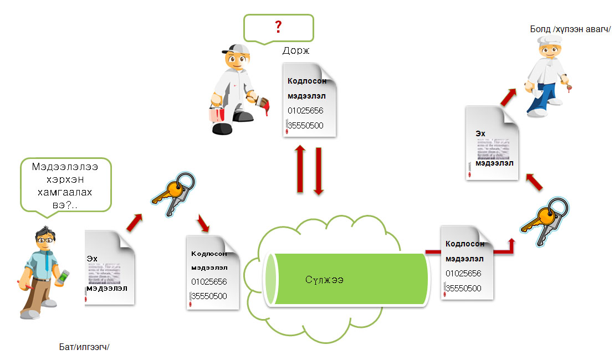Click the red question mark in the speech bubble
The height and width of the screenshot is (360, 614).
click(278, 26)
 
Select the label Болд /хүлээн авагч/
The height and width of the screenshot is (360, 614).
click(570, 28)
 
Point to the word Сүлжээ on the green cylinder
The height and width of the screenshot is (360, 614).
click(324, 279)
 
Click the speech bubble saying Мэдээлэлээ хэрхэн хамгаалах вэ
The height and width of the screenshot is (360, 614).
click(65, 184)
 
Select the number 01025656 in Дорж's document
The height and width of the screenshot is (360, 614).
click(305, 110)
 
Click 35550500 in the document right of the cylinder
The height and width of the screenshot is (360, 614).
click(463, 288)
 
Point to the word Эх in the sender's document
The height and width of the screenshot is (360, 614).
click(92, 258)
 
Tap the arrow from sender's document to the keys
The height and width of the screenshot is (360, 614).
click(134, 222)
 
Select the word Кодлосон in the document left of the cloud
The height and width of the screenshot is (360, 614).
click(209, 254)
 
